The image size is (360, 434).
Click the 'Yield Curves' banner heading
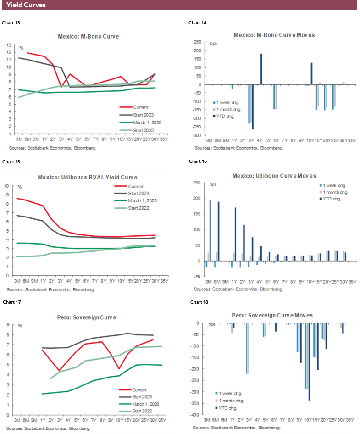pos(26,5)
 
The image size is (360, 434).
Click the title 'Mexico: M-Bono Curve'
pos(89,36)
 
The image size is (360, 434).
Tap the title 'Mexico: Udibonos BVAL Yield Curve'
pos(89,177)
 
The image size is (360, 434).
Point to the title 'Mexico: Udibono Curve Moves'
pos(274,176)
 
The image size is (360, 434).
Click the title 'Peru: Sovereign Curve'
pos(89,317)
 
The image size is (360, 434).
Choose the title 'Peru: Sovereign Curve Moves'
pos(274,316)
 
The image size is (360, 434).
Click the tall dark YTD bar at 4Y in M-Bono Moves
pos(261,69)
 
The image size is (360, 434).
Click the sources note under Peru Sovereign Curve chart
pos(49,428)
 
